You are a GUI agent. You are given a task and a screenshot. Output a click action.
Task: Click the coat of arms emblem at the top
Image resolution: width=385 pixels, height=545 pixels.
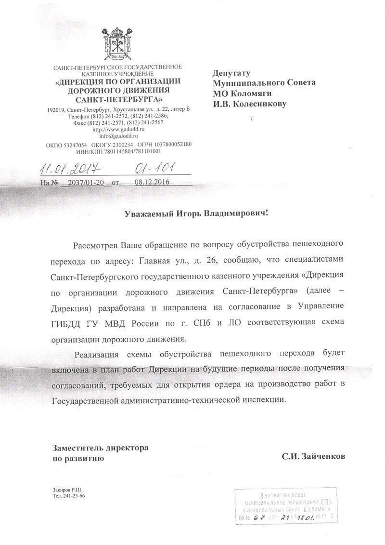coord(118,46)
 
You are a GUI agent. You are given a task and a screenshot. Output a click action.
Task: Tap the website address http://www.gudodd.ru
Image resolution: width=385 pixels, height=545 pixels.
coord(118,130)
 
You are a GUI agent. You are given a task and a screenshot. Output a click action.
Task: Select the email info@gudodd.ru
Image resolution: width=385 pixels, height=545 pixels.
coord(118,136)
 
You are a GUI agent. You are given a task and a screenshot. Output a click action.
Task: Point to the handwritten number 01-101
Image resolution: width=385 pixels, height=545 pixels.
coord(153,167)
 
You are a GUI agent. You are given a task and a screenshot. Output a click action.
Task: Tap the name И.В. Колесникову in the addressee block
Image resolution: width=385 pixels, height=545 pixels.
coord(249,103)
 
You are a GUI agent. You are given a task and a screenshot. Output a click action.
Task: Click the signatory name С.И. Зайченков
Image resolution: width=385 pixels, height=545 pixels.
coord(314,455)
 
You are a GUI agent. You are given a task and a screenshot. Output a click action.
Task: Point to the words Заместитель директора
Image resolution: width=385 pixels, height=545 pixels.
coord(100,447)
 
